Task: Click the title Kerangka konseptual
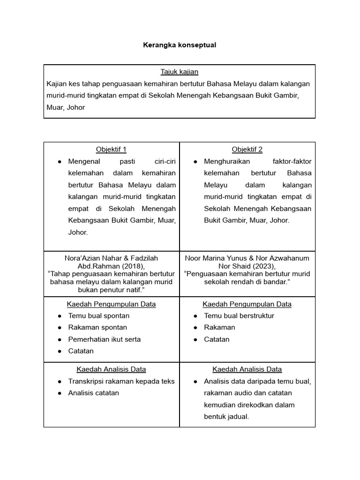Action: coord(180,45)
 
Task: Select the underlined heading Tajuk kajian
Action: coord(180,72)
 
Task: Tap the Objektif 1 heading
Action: coord(111,150)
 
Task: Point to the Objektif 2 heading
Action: coord(247,150)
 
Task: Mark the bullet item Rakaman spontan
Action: coord(97,327)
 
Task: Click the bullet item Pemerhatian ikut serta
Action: coord(104,339)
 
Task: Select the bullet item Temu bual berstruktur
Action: coord(239,315)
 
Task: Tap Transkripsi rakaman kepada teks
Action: coord(121,381)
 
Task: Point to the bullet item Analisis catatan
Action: coord(94,393)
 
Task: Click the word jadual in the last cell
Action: coord(238,416)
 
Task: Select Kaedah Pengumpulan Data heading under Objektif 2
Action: coord(247,304)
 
